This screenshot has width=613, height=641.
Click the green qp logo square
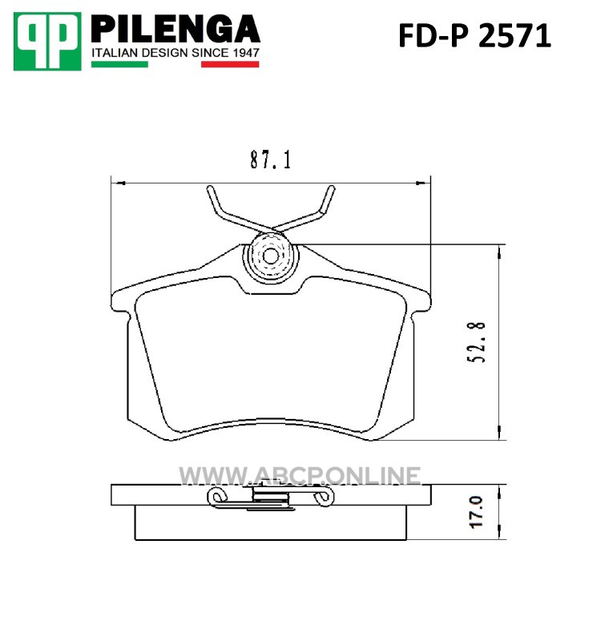47,42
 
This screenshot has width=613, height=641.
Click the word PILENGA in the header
175,29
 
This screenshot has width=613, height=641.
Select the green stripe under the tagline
119,64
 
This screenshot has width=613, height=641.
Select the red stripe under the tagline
230,64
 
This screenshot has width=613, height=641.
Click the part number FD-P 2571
475,36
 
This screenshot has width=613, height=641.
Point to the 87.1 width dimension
270,159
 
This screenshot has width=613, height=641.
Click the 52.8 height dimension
477,343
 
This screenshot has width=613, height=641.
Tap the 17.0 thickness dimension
477,512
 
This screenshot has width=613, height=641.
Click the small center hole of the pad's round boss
270,256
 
